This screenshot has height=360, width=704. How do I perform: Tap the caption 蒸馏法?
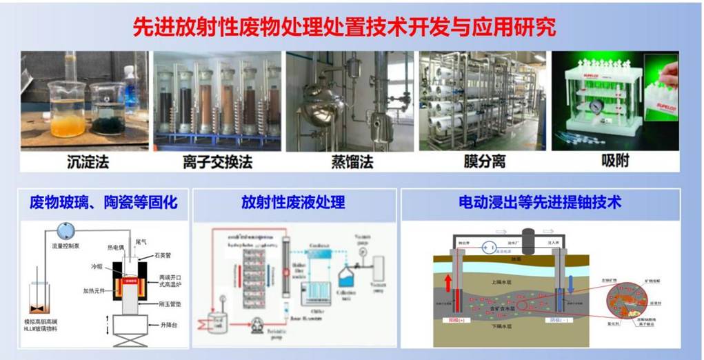[350, 162]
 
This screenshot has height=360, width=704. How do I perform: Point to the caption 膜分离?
[484, 162]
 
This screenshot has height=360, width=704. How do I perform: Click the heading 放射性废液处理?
[293, 203]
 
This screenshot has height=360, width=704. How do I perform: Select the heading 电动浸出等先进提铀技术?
[540, 202]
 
